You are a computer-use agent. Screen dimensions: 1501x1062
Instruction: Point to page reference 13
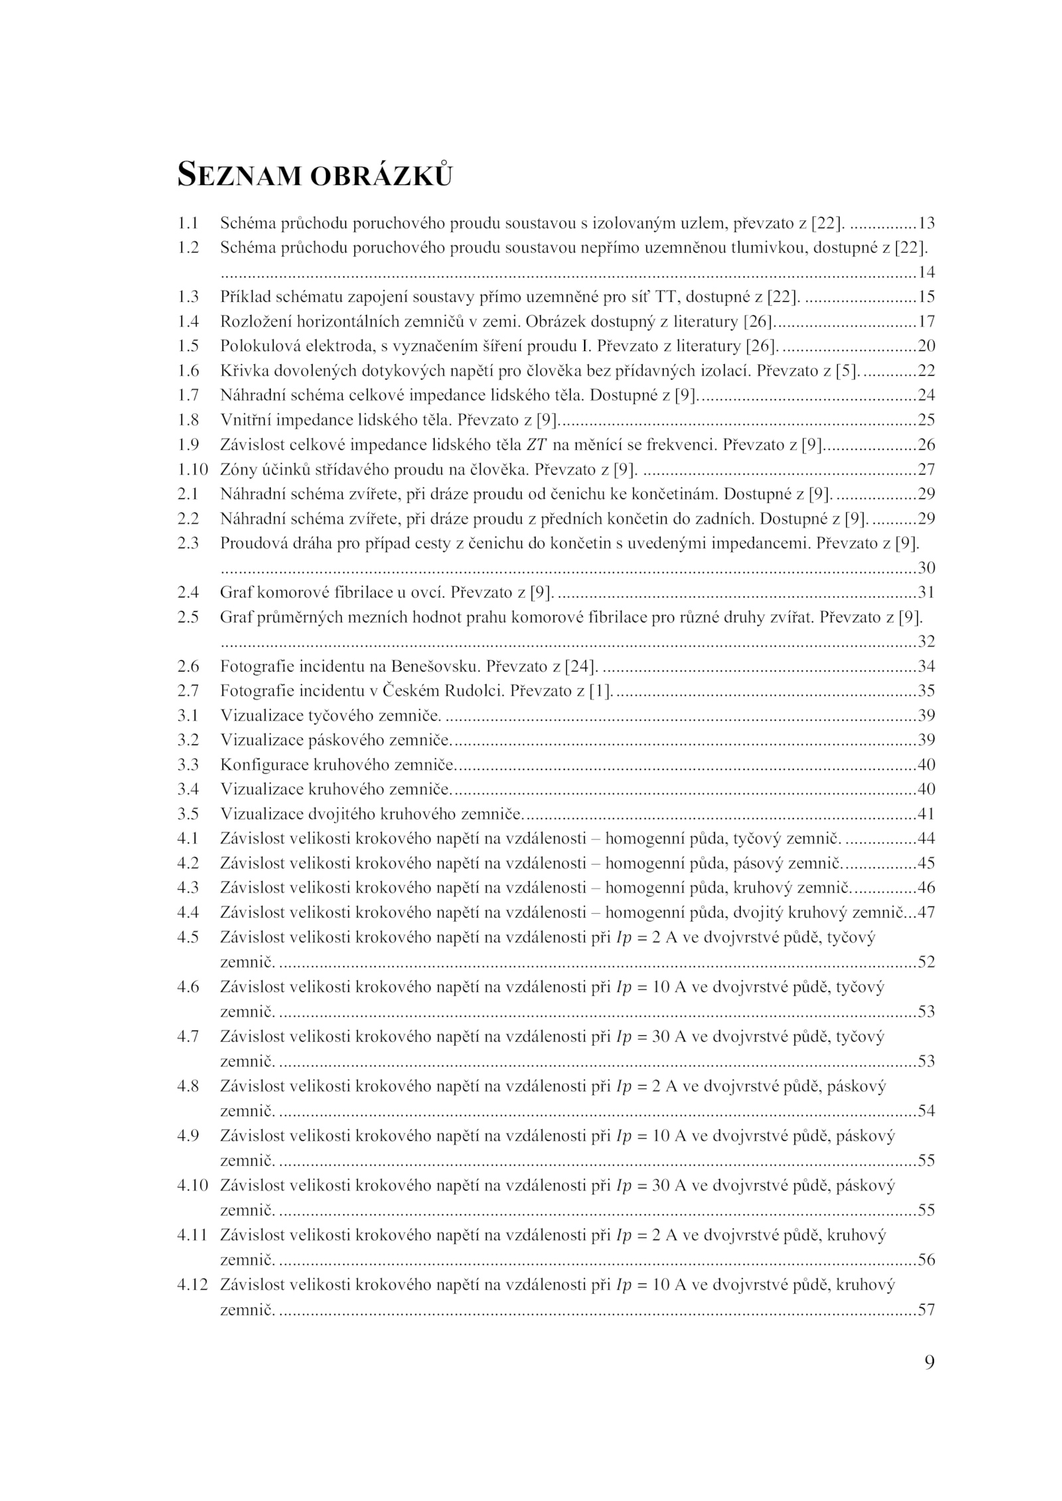[x=926, y=224]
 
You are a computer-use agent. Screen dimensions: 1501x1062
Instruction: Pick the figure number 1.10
[x=192, y=469]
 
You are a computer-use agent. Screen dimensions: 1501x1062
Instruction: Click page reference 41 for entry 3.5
[x=926, y=814]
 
